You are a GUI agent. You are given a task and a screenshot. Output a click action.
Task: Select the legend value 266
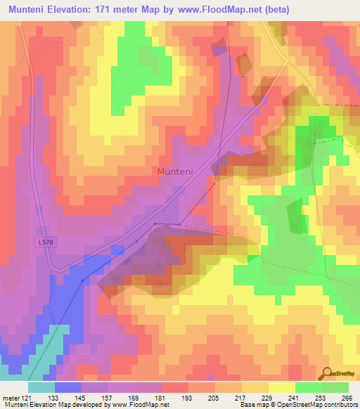tap(346, 398)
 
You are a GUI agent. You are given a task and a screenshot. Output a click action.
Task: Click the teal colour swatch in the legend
tap(41, 387)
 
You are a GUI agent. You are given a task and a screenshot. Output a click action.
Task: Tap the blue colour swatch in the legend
tap(67, 387)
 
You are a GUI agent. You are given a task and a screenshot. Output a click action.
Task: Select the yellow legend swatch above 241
tap(281, 387)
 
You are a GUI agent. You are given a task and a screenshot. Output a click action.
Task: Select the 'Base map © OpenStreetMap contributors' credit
tap(296, 405)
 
